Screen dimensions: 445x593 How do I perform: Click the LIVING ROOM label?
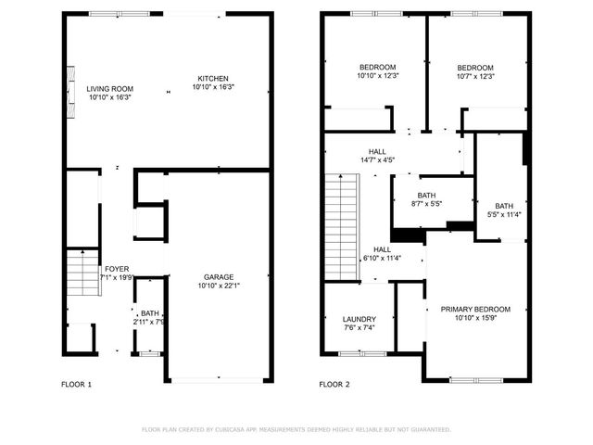[109, 89]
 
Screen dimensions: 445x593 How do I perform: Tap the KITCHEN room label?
[212, 78]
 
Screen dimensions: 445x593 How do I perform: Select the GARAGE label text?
[219, 277]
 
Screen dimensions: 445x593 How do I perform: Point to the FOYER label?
[116, 269]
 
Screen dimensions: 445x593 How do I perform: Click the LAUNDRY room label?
[359, 319]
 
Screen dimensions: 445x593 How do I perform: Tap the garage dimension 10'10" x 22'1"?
[219, 286]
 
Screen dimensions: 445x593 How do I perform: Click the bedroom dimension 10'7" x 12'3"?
[474, 77]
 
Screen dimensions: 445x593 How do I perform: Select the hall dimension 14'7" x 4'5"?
[377, 160]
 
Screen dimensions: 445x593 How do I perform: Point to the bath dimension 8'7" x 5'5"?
[426, 204]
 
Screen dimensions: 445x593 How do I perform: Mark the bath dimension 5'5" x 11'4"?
[504, 215]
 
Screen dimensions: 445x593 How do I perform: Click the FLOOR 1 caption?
[76, 384]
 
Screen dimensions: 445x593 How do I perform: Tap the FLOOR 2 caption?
[334, 384]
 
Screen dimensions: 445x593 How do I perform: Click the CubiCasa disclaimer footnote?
[296, 429]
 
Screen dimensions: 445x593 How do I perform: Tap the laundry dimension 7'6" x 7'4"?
[359, 328]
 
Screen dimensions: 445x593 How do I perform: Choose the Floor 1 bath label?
[149, 314]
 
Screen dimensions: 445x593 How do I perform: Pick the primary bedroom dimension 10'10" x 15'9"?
[475, 319]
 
